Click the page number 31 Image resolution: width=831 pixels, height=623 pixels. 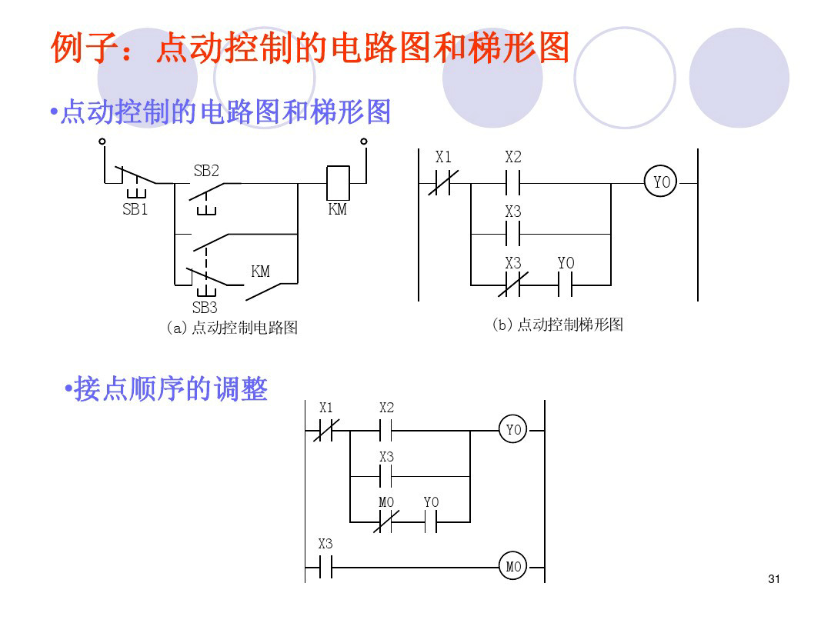(x=774, y=579)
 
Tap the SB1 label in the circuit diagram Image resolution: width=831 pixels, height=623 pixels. (x=135, y=209)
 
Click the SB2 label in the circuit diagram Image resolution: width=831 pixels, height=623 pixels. (x=206, y=170)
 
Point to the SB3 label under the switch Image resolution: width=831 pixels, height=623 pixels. (x=205, y=308)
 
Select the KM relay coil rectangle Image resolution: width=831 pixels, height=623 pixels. (x=339, y=183)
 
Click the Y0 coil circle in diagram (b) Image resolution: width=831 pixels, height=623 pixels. (x=662, y=183)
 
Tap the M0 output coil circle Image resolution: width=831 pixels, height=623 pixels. (x=513, y=568)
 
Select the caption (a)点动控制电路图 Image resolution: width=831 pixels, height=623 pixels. (x=232, y=328)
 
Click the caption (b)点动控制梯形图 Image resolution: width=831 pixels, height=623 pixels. (x=557, y=325)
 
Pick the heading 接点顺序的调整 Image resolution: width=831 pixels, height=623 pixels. (x=169, y=389)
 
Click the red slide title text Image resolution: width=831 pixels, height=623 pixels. (x=310, y=48)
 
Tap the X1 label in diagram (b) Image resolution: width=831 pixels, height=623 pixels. (x=443, y=157)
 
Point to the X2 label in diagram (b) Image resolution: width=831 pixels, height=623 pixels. (x=513, y=157)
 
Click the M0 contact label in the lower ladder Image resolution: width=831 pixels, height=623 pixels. (x=386, y=502)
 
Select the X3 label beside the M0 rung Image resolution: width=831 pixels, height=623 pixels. (x=325, y=545)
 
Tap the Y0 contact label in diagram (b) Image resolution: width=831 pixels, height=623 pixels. (x=566, y=264)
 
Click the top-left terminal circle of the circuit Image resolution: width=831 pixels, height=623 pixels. (x=102, y=142)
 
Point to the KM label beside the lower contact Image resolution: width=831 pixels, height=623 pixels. (x=261, y=272)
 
